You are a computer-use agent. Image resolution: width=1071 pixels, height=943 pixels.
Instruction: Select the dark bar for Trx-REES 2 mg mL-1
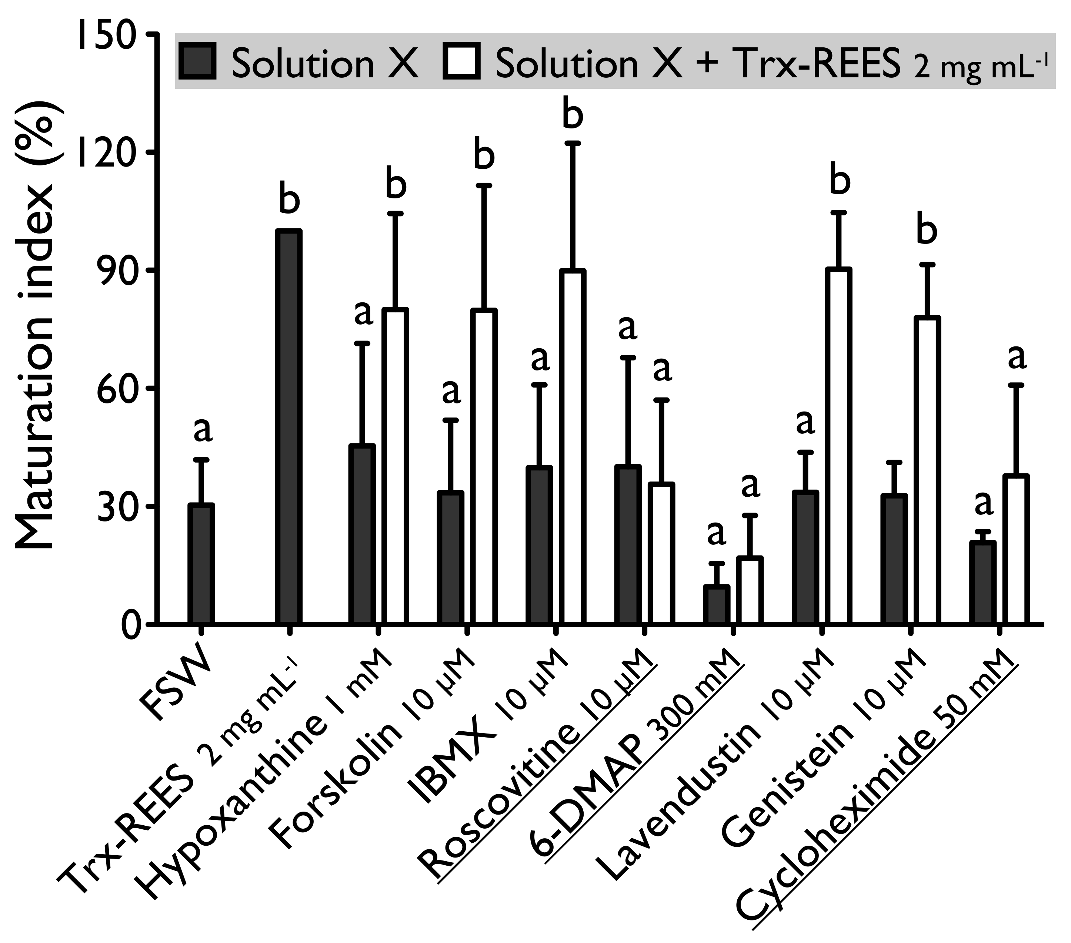click(x=289, y=427)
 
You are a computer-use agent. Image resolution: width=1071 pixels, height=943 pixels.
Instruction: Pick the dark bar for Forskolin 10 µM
click(x=451, y=558)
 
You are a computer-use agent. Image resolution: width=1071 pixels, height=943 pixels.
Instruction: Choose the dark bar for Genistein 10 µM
click(x=894, y=559)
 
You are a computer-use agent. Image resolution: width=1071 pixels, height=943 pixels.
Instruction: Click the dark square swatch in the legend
click(x=197, y=61)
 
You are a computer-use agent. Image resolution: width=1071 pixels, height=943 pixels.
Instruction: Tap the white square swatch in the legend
click(x=462, y=61)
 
